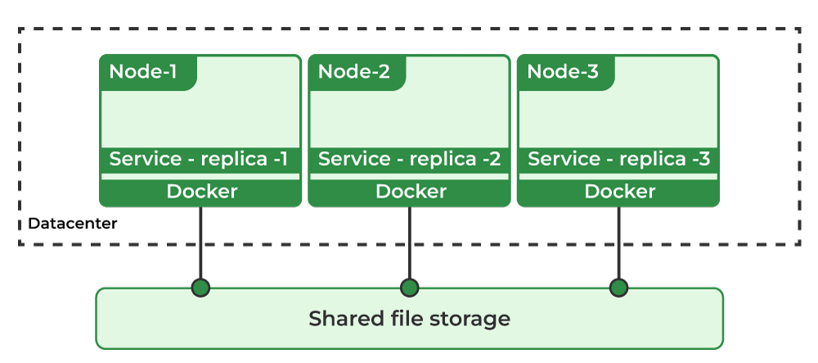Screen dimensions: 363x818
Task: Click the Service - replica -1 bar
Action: click(x=200, y=159)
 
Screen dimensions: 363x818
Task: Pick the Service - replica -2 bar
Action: click(x=409, y=159)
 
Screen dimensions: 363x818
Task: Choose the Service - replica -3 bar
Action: click(x=618, y=159)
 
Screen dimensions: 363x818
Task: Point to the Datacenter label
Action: click(x=73, y=223)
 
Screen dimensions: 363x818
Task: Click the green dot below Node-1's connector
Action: click(x=200, y=288)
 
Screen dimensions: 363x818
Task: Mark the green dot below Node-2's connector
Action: click(x=409, y=288)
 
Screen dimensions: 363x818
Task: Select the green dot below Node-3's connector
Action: click(x=618, y=288)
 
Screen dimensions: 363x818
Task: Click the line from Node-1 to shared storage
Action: click(x=200, y=245)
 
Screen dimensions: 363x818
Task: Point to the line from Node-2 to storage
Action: click(x=409, y=245)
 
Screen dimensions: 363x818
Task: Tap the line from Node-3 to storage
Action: click(x=618, y=245)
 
